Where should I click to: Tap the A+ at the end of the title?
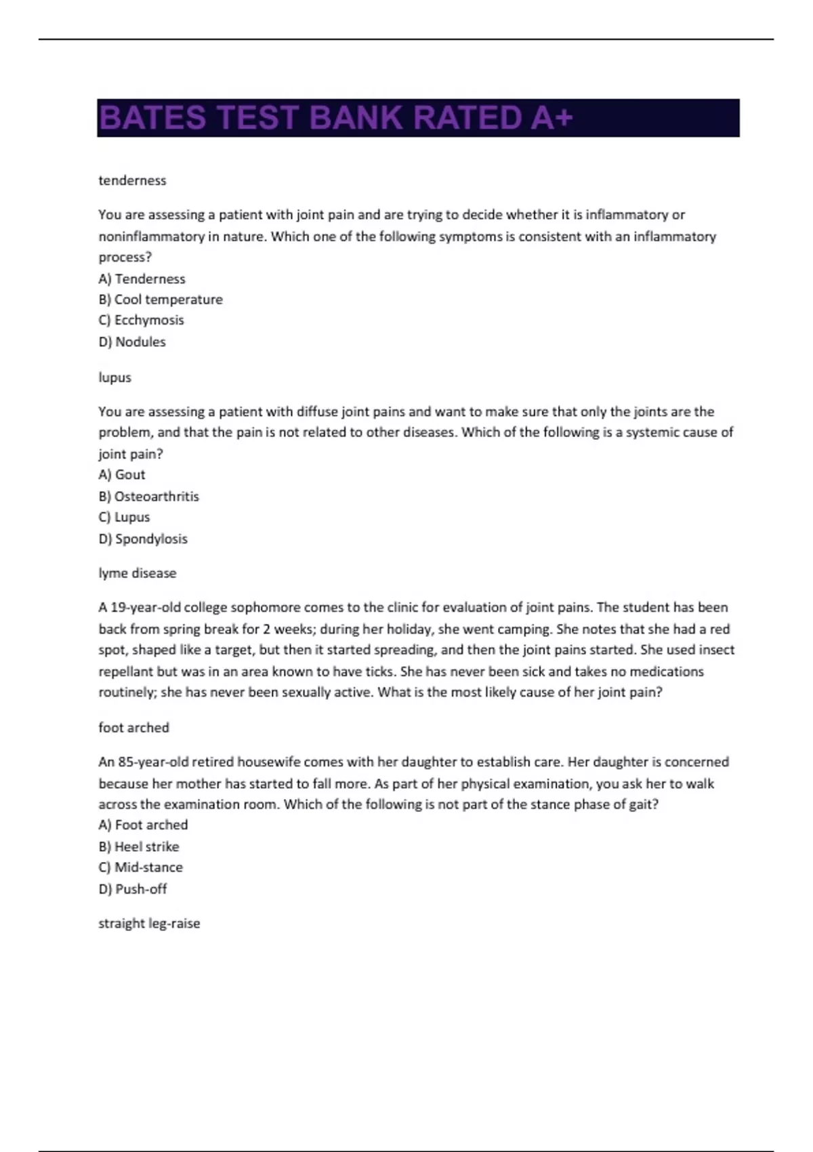tap(551, 118)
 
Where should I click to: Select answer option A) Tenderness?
tap(142, 279)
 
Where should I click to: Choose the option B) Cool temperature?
tap(161, 300)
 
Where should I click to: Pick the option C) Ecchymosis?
tap(141, 320)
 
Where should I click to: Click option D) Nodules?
tap(132, 342)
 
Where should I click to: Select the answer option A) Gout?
tap(122, 474)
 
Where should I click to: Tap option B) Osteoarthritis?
tap(149, 496)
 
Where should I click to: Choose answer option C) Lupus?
tap(125, 517)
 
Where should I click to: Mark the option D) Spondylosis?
tap(143, 539)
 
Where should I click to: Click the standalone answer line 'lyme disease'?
tap(138, 573)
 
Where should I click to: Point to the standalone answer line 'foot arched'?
tap(134, 728)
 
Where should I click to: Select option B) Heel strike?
tap(139, 846)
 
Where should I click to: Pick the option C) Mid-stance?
tap(141, 867)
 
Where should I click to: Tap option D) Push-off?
tap(133, 889)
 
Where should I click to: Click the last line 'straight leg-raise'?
tap(149, 924)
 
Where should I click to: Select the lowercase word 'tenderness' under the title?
tap(132, 180)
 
